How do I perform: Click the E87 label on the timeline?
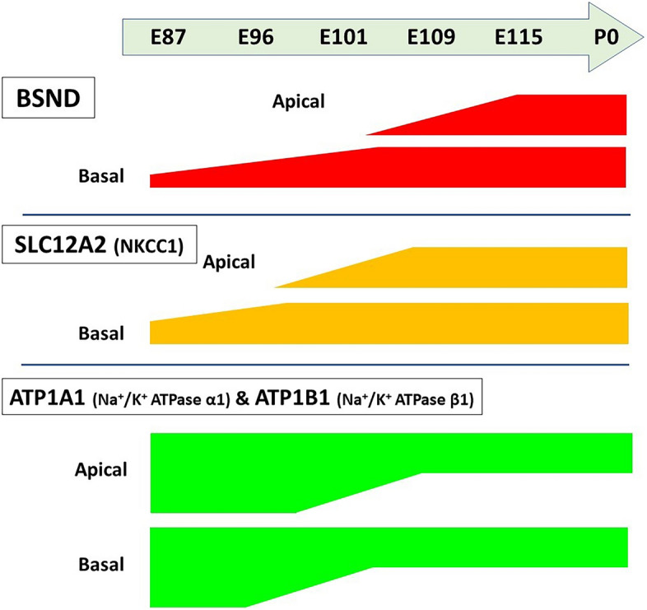point(169,38)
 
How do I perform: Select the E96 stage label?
point(255,38)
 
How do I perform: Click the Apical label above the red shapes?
point(300,102)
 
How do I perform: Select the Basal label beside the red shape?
point(101,175)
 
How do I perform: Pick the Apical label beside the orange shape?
point(229,263)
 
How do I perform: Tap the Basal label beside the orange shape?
point(101,333)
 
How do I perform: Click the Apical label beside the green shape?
point(101,471)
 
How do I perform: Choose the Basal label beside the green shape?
point(101,565)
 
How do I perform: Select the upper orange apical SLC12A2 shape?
point(494,268)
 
